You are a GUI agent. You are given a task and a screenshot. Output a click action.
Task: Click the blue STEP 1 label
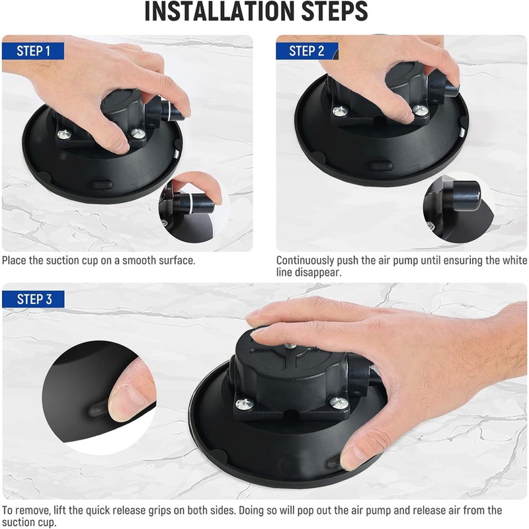[33, 52]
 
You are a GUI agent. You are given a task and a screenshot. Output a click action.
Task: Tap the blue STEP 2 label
[306, 52]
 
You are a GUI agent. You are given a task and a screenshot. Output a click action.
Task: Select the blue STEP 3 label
[34, 300]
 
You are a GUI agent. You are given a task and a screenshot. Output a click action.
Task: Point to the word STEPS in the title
[334, 11]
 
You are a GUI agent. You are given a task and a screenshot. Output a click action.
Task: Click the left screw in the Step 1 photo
[63, 135]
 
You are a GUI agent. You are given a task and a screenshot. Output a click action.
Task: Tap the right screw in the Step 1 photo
[138, 134]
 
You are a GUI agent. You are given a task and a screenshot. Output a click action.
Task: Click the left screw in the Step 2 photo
[340, 111]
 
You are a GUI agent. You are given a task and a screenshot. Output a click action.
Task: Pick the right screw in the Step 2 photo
[421, 109]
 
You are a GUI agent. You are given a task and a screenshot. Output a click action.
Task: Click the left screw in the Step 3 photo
[244, 403]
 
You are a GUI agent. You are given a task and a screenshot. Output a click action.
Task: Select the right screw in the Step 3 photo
[339, 402]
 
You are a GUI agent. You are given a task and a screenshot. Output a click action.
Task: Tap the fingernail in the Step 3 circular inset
[128, 404]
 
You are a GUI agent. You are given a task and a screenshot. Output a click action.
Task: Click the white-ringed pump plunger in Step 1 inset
[194, 204]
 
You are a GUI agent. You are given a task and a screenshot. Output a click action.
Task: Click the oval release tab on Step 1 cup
[102, 184]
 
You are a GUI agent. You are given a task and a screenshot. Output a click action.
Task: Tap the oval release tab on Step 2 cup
[382, 166]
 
